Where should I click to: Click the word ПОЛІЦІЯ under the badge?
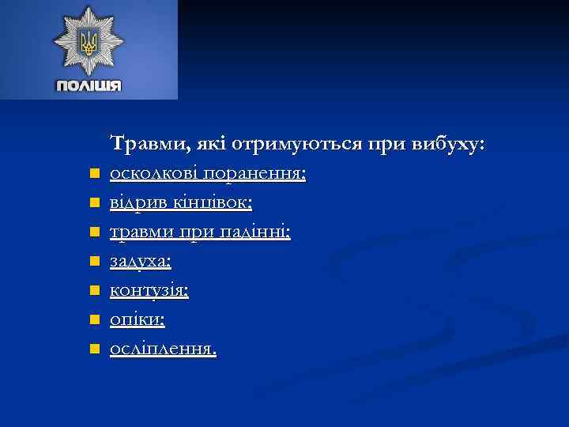(x=89, y=85)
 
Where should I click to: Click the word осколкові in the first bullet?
(x=155, y=173)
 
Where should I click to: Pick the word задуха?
(x=141, y=261)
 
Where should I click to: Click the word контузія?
(x=149, y=290)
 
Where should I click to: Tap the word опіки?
(x=138, y=319)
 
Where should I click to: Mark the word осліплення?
(x=162, y=349)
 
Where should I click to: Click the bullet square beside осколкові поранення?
(x=93, y=173)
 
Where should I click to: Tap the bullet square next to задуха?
(x=93, y=261)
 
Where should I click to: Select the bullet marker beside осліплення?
(x=93, y=348)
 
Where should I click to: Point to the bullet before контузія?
(x=93, y=290)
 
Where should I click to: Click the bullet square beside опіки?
(x=93, y=319)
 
